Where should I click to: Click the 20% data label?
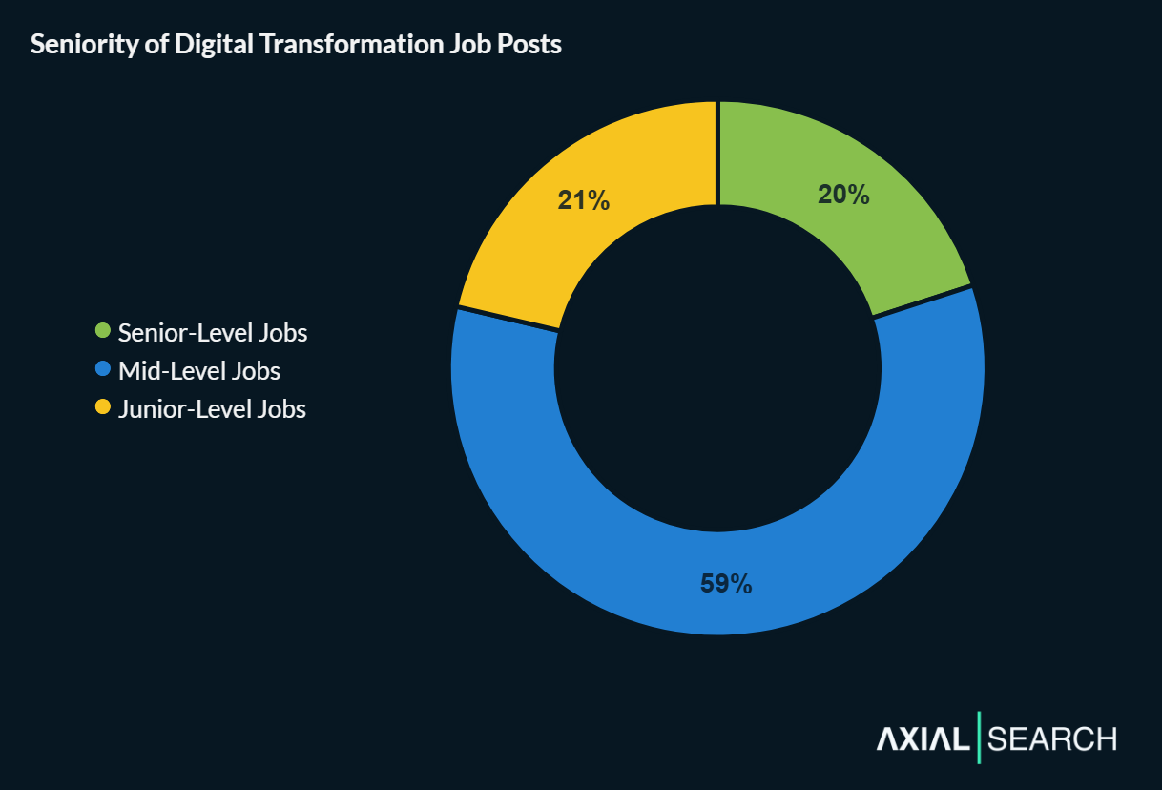[x=843, y=195]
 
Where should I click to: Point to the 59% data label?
[x=726, y=584]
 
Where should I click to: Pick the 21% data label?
[x=583, y=200]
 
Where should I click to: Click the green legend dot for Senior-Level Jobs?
[x=104, y=331]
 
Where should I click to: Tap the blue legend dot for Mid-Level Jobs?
[x=104, y=369]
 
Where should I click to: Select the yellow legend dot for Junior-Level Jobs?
[x=104, y=407]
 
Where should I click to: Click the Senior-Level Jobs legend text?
[x=213, y=333]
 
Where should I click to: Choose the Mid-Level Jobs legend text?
[x=199, y=371]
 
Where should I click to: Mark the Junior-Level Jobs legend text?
[x=212, y=409]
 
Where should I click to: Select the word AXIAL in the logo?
[x=922, y=738]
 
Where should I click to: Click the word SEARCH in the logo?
[x=1052, y=738]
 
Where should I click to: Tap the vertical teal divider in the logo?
[x=979, y=738]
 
